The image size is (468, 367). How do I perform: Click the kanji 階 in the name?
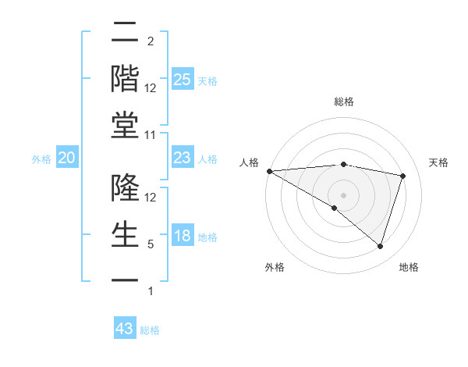click(125, 78)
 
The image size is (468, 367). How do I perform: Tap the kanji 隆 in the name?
click(125, 187)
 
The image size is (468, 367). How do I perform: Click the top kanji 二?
click(125, 33)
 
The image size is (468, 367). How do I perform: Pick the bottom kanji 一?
click(125, 279)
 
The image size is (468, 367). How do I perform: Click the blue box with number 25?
click(182, 80)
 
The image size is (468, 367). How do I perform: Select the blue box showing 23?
click(182, 159)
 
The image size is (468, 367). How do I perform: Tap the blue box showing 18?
click(182, 237)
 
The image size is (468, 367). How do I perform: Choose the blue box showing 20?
click(66, 159)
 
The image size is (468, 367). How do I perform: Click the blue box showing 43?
click(125, 329)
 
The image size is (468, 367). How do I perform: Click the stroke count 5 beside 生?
click(151, 244)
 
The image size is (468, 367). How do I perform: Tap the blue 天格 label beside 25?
click(207, 81)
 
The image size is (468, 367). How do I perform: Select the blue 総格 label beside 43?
click(150, 330)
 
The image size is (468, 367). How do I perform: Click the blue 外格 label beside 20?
click(41, 159)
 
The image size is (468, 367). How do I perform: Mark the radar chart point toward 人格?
click(269, 171)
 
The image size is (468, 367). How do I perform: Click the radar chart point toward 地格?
click(380, 246)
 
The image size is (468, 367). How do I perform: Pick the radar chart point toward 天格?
click(402, 176)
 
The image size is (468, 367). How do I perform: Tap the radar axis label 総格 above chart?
click(343, 102)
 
